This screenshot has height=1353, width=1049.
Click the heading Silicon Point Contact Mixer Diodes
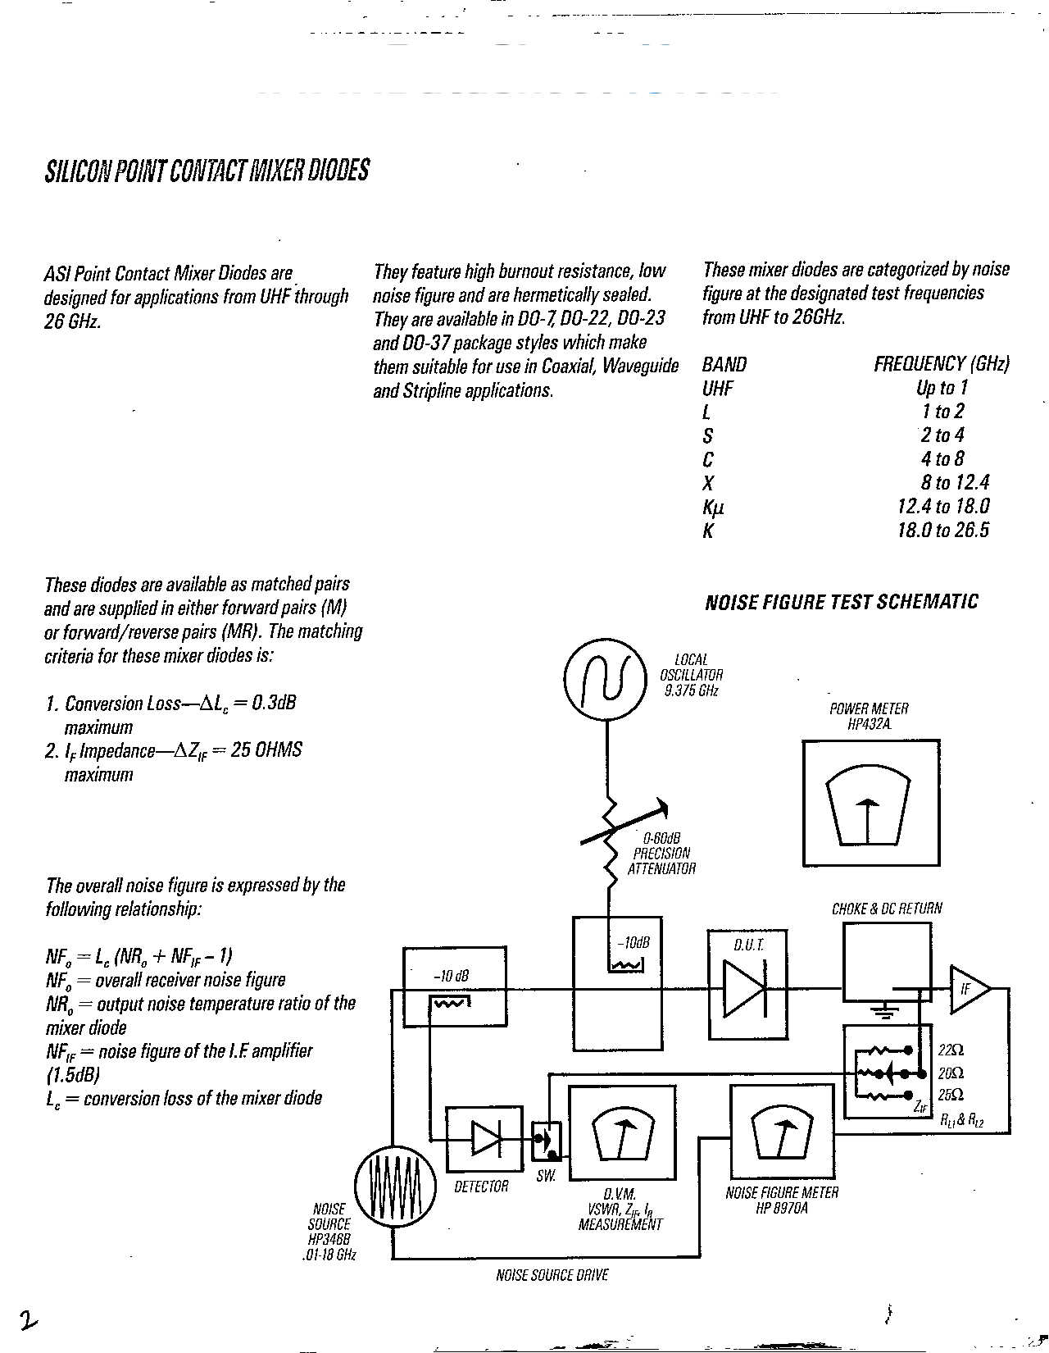pos(206,171)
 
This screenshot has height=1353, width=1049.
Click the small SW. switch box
pos(545,1141)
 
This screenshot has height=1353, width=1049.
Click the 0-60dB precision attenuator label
pos(661,853)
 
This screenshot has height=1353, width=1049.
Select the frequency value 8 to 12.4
pos(955,482)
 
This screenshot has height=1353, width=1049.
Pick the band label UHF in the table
pos(719,388)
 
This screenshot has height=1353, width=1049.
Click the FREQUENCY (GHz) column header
pos(941,364)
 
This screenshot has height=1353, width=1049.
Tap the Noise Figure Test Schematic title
pos(842,602)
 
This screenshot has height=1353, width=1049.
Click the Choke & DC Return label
pos(887,909)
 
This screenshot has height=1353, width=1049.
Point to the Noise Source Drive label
pos(552,1275)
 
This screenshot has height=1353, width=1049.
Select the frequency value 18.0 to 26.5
pos(943,530)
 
